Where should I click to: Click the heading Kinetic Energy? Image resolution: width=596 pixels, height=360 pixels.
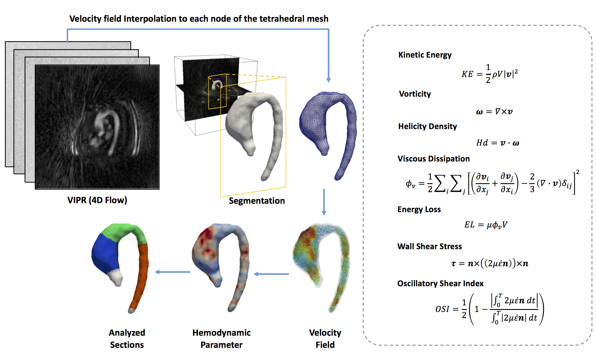click(x=425, y=55)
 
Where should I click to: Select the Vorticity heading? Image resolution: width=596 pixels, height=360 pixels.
click(x=415, y=94)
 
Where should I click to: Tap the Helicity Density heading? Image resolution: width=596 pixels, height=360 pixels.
click(x=427, y=126)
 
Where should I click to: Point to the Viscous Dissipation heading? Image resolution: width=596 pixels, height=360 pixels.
click(x=433, y=159)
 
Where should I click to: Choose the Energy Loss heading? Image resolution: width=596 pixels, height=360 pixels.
click(x=419, y=210)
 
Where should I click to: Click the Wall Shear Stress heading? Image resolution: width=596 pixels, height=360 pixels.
click(x=429, y=247)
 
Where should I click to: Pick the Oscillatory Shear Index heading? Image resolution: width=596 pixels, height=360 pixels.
click(x=440, y=284)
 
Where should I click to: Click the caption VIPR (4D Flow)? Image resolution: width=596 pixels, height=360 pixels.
click(x=97, y=200)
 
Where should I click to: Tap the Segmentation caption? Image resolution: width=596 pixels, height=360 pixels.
click(x=257, y=201)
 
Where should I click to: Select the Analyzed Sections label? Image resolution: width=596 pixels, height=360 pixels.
click(x=127, y=339)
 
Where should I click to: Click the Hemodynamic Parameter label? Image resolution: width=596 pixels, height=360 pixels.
click(x=221, y=339)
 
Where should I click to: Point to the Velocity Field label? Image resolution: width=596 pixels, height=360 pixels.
click(x=325, y=339)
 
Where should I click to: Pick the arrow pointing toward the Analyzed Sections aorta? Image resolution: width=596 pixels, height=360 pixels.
click(x=172, y=272)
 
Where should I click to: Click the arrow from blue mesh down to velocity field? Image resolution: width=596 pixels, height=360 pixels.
click(x=324, y=202)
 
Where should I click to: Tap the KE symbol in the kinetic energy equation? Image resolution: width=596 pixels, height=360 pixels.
click(x=467, y=74)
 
